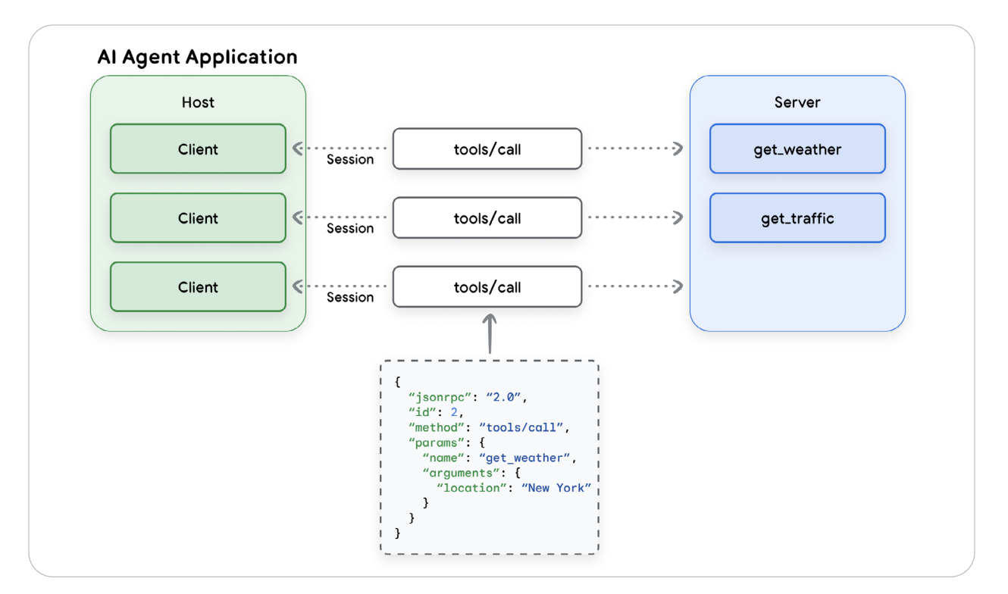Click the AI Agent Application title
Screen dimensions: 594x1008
(x=197, y=58)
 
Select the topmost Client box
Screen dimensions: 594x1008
(x=198, y=149)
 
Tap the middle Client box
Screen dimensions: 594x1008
(x=198, y=218)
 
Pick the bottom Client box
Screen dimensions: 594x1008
(x=198, y=287)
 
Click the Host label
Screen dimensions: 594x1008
(x=198, y=102)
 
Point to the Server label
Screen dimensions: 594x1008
(x=797, y=102)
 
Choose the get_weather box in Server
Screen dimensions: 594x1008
(x=797, y=149)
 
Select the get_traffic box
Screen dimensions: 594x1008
(x=797, y=218)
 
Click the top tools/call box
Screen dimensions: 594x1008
(x=487, y=149)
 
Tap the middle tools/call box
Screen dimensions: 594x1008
(x=487, y=218)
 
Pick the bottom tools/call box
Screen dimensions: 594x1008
(x=487, y=287)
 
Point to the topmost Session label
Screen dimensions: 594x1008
(x=350, y=160)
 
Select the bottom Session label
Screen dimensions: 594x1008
(x=350, y=298)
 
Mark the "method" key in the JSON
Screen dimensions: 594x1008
(x=436, y=427)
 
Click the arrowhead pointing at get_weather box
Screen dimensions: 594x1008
(x=677, y=149)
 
